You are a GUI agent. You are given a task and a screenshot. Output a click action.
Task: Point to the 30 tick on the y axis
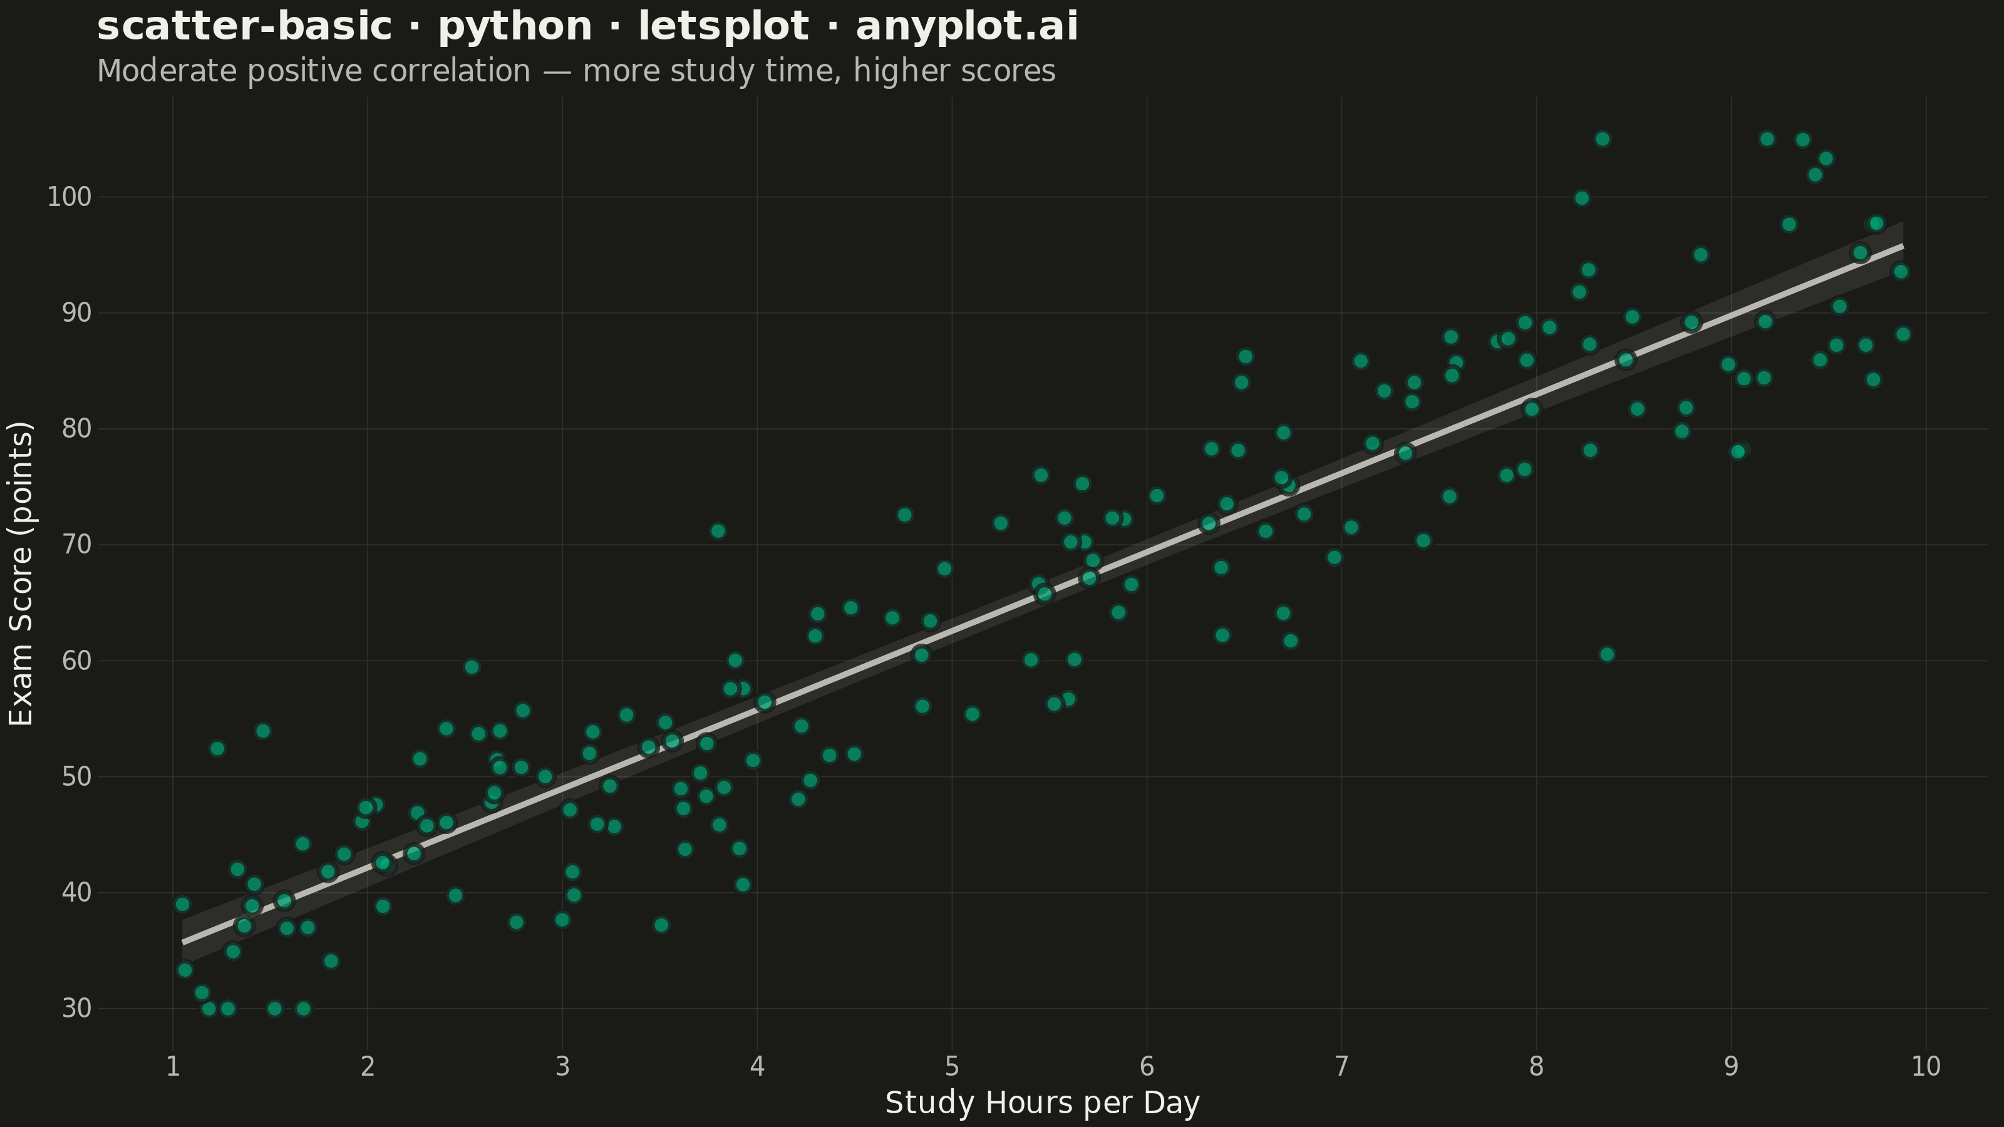click(x=77, y=1009)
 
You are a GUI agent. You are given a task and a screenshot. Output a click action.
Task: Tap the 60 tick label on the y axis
click(x=77, y=661)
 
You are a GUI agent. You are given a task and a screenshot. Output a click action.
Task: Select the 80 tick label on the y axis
click(x=77, y=428)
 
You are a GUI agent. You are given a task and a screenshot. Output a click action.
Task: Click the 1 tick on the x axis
click(x=173, y=1066)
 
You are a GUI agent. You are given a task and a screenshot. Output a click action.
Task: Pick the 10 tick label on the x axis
click(x=1926, y=1066)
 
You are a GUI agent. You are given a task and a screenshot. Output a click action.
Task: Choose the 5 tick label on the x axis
click(x=951, y=1066)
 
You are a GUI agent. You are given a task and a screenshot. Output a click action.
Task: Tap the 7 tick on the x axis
click(x=1341, y=1066)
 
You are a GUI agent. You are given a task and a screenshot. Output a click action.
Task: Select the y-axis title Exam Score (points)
click(x=21, y=574)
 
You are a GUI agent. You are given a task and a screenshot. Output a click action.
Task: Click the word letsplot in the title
click(x=723, y=27)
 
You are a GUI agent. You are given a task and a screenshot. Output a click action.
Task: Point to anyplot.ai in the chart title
click(x=967, y=27)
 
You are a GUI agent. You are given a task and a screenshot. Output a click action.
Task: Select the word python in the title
click(x=515, y=27)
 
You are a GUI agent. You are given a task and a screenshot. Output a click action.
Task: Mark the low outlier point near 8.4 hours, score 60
click(x=1606, y=655)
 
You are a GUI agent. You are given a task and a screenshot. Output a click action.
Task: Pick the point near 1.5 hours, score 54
click(x=263, y=731)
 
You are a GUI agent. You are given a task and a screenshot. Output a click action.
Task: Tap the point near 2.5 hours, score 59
click(x=472, y=667)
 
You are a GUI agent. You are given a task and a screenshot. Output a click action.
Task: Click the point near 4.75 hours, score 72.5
click(x=904, y=515)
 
